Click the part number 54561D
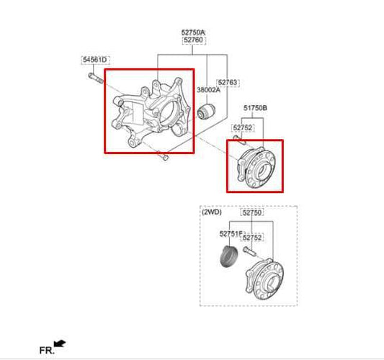pyautogui.click(x=94, y=58)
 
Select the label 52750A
pyautogui.click(x=193, y=32)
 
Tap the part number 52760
pyautogui.click(x=193, y=40)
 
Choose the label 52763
pyautogui.click(x=228, y=83)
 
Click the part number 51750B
pyautogui.click(x=255, y=107)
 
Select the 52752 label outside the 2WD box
pyautogui.click(x=243, y=127)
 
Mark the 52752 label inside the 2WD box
pyautogui.click(x=252, y=237)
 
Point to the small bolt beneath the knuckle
pyautogui.click(x=165, y=156)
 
